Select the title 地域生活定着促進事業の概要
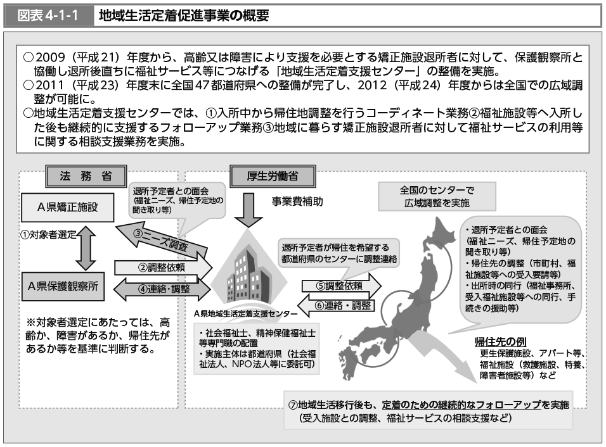pos(184,16)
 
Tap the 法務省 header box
pos(85,176)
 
